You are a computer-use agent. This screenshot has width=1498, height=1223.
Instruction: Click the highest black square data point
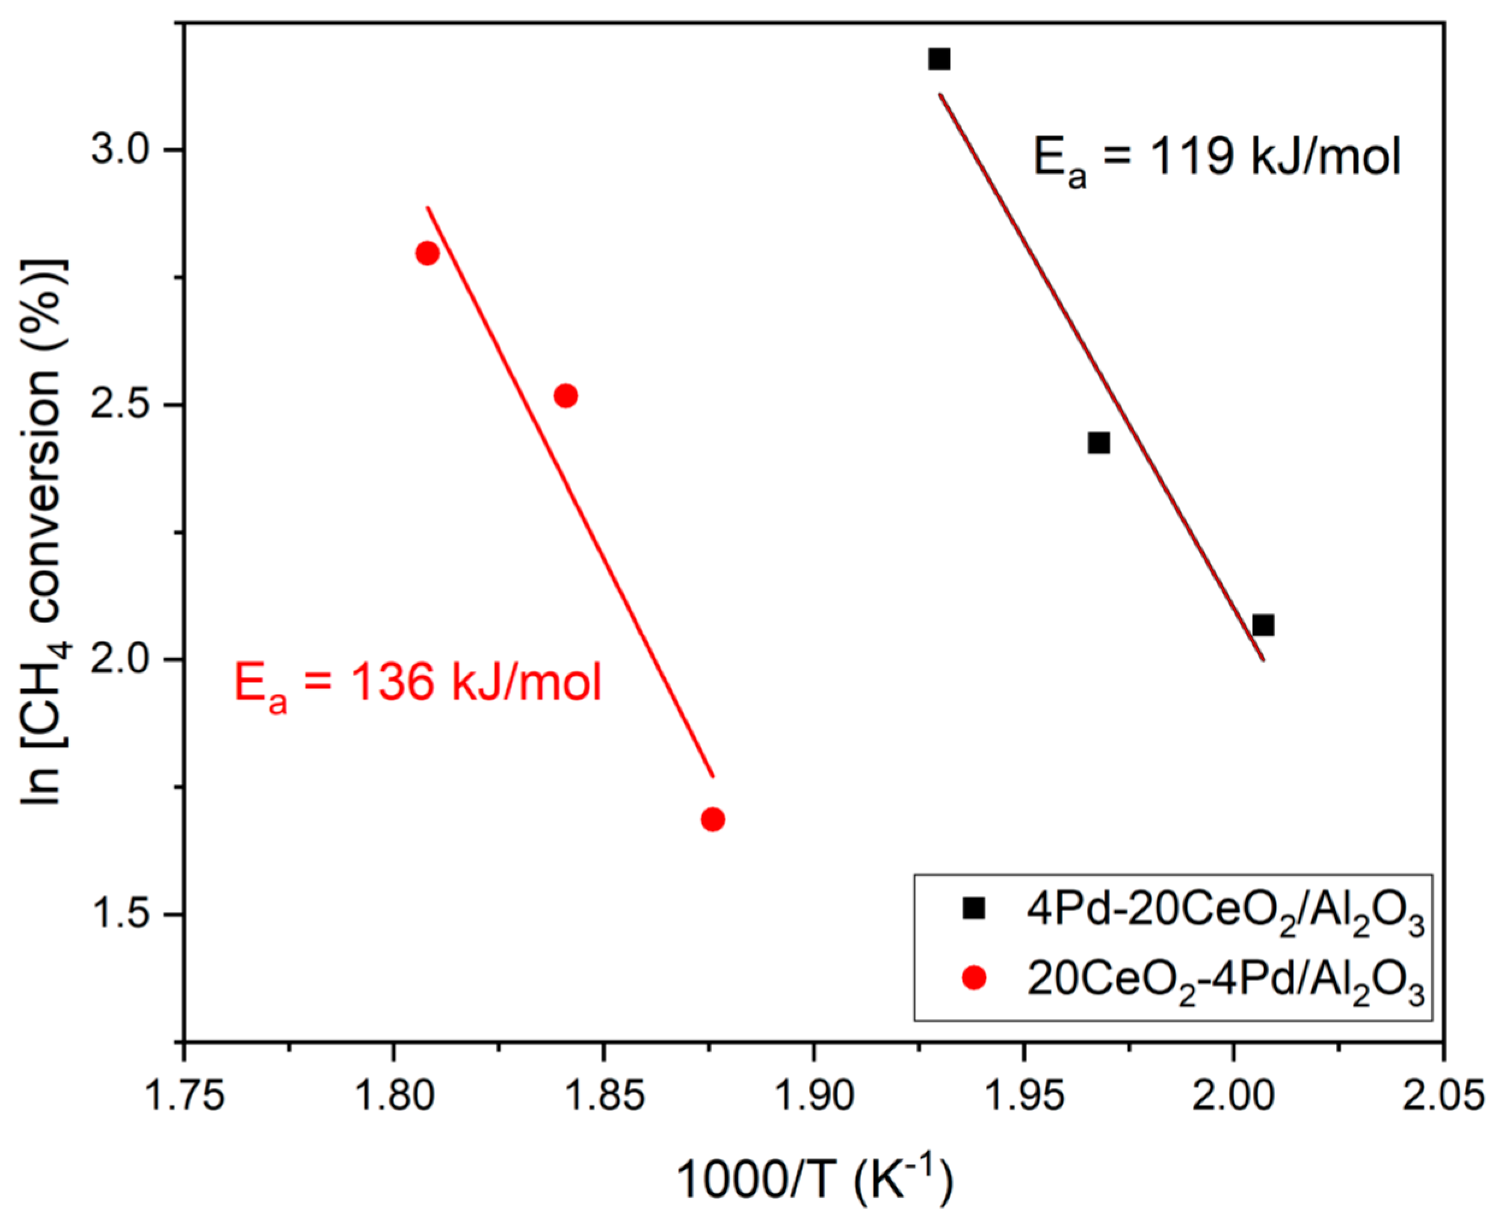[x=939, y=59]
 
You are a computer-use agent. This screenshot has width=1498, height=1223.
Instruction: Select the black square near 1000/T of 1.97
[x=1099, y=443]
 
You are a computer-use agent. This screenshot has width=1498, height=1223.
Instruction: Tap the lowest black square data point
[x=1263, y=625]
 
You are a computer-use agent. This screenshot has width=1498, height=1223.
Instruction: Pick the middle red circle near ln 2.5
[x=566, y=396]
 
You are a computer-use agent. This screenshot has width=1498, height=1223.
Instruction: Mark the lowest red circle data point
[x=713, y=819]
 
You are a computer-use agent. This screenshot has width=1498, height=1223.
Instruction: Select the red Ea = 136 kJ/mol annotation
[x=418, y=685]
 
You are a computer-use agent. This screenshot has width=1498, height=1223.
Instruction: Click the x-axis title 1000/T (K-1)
[x=815, y=1181]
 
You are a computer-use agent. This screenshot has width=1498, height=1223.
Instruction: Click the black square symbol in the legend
[x=975, y=908]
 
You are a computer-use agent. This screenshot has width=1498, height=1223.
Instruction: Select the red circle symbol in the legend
[x=975, y=978]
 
